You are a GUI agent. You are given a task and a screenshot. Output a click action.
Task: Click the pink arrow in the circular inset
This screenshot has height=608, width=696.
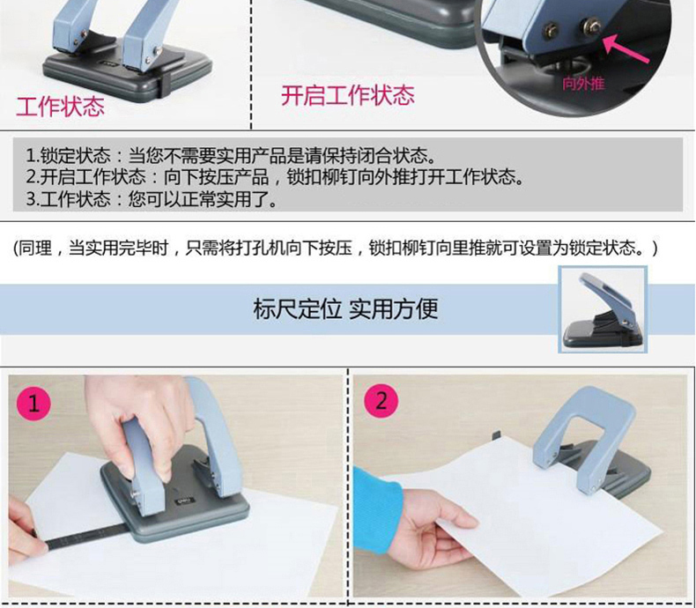point(626,48)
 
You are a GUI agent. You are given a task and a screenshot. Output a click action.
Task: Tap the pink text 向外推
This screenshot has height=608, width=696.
point(583,83)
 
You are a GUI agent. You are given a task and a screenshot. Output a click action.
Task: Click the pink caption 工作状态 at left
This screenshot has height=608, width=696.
point(61,107)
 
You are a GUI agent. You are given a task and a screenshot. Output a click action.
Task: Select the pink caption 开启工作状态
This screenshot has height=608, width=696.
point(347,95)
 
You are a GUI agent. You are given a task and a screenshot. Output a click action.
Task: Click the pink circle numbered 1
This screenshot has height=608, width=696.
point(33,404)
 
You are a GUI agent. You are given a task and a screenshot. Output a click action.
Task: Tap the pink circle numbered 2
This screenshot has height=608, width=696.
point(381,401)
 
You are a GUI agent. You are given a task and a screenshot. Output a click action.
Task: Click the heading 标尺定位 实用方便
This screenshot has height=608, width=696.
point(345,309)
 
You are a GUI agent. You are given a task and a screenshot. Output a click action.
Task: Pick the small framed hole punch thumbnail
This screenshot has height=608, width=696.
point(603,310)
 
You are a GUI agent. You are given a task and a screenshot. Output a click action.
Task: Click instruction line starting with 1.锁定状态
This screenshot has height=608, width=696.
point(231,155)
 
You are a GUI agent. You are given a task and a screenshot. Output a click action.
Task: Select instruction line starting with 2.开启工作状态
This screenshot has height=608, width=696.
point(275,176)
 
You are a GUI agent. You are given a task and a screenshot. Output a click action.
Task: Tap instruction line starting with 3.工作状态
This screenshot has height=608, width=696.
point(152,198)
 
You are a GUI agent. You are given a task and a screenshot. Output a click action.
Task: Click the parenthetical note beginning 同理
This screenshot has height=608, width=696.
point(336,248)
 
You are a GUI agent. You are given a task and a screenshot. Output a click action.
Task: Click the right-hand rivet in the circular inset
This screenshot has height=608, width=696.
point(593,26)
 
